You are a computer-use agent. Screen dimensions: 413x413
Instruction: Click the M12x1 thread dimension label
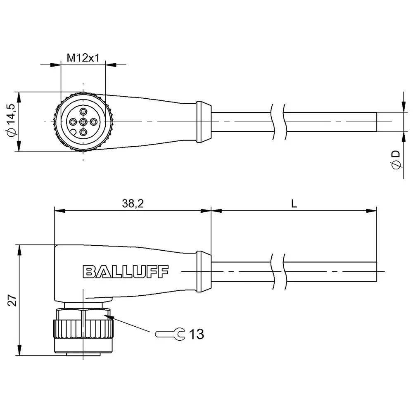click(83, 58)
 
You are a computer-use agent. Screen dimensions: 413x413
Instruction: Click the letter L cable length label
click(294, 203)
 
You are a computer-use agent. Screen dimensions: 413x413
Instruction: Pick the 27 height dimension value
click(12, 300)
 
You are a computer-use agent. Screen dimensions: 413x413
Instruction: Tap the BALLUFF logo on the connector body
click(126, 271)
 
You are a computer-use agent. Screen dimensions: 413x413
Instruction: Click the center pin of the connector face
click(83, 121)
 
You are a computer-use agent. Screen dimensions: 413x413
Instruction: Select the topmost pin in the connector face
click(83, 111)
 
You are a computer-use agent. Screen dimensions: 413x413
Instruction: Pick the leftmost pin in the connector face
click(73, 121)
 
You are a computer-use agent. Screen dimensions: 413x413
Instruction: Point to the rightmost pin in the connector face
click(94, 121)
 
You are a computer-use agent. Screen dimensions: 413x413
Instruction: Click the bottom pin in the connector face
click(83, 132)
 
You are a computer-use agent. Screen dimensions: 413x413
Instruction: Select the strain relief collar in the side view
click(203, 271)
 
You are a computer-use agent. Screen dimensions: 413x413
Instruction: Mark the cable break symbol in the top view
click(278, 121)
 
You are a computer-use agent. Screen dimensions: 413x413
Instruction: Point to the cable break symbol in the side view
click(278, 271)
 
